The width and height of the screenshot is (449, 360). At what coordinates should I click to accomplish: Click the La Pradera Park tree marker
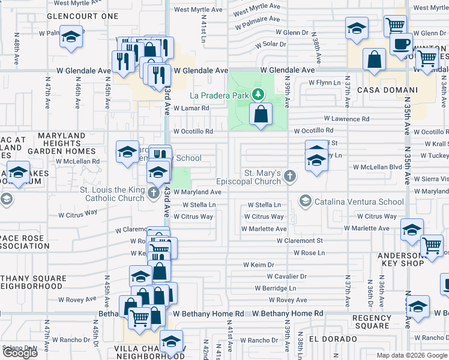click(258, 94)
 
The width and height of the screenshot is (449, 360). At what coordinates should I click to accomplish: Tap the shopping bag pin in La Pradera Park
click(261, 113)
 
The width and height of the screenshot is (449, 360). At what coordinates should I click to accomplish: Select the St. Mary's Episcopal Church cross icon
click(290, 176)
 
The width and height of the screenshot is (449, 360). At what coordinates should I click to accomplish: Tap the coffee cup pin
click(400, 44)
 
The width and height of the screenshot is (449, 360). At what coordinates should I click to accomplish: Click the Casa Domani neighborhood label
click(387, 90)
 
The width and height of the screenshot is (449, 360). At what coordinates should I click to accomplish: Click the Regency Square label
click(372, 322)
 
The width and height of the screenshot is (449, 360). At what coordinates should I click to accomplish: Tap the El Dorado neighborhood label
click(326, 338)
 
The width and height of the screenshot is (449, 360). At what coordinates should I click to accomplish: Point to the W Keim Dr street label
click(259, 265)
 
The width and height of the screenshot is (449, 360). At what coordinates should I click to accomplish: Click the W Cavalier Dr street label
click(287, 277)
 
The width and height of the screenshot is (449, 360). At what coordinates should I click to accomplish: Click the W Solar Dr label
click(271, 44)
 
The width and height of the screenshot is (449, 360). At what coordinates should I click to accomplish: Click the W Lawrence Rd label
click(347, 119)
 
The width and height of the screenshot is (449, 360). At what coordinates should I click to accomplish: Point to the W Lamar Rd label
click(191, 109)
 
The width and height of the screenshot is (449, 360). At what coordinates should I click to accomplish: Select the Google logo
click(20, 353)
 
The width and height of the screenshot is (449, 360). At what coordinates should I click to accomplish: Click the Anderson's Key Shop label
click(410, 259)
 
